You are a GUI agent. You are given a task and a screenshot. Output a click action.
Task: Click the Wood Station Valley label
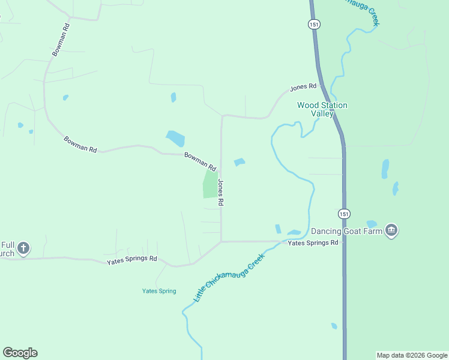(x=322, y=109)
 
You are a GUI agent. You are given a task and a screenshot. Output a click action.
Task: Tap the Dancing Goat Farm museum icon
(x=391, y=230)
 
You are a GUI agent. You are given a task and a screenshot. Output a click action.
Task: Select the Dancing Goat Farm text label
(x=346, y=230)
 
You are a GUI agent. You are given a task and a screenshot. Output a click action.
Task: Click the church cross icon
(x=23, y=248)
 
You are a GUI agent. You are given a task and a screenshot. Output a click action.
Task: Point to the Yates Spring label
(x=159, y=291)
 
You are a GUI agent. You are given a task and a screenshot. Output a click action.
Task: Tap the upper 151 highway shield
(x=315, y=24)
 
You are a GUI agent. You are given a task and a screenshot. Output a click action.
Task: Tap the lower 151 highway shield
(x=343, y=214)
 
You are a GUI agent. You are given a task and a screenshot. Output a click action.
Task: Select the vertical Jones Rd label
(x=221, y=193)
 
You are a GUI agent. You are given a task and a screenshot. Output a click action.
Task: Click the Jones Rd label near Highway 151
(x=303, y=88)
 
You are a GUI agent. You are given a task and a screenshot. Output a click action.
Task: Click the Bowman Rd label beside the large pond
(x=199, y=160)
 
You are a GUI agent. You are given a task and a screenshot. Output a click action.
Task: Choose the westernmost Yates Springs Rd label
(x=131, y=260)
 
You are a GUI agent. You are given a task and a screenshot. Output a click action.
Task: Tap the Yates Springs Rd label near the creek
(x=313, y=243)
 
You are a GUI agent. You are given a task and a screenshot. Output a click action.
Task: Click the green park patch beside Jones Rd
(x=210, y=184)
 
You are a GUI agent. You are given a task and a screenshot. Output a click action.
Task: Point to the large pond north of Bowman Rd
(x=175, y=139)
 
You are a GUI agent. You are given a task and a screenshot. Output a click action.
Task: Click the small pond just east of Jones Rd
(x=240, y=162)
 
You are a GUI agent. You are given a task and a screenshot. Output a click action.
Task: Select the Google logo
(x=20, y=353)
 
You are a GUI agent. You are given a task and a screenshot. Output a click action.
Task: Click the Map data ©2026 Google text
(x=412, y=355)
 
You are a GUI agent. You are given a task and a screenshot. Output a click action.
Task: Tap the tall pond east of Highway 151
(x=385, y=169)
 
